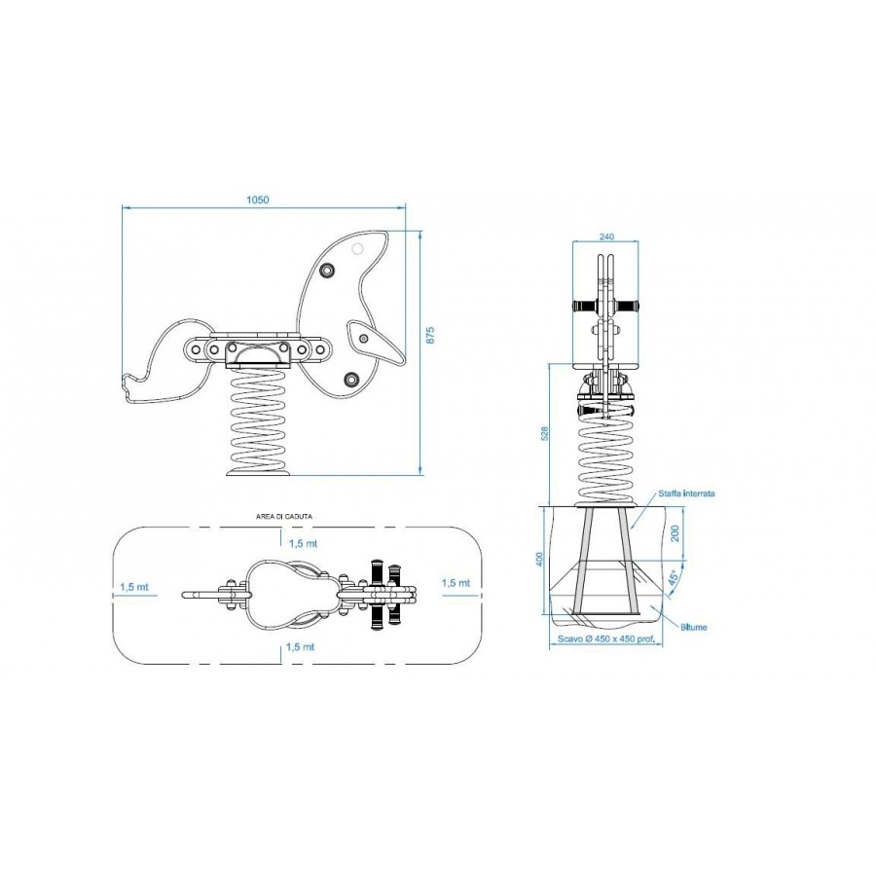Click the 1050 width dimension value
point(258,200)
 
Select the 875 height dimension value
point(429,335)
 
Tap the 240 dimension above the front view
point(606,237)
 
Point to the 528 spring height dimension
point(545,433)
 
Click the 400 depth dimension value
point(539,560)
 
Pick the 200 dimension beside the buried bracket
point(675,533)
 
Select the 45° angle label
point(675,576)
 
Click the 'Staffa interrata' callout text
point(686,493)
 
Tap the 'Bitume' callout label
point(693,627)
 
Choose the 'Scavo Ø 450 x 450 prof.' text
point(606,639)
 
